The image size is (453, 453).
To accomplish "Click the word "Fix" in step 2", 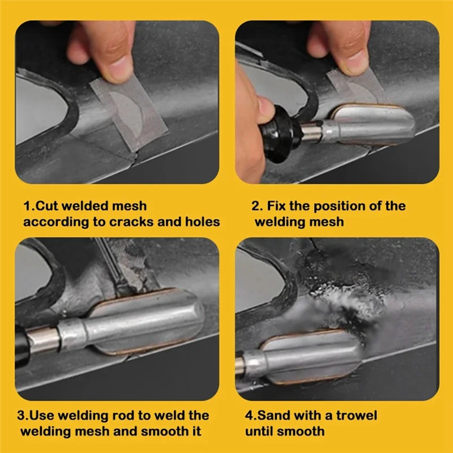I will click(x=280, y=206).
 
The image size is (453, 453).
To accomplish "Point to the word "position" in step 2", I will click(x=330, y=206).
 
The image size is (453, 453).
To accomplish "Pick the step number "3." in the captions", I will click(x=21, y=416).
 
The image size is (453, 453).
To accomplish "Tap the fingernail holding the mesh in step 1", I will click(x=120, y=71).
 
